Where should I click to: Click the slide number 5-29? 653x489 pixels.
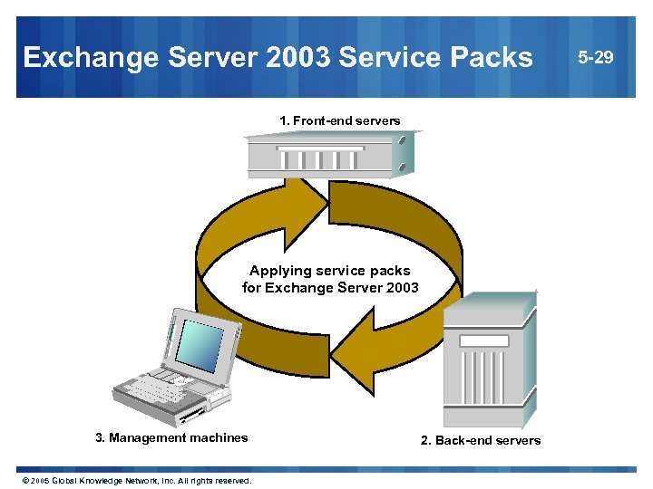(597, 58)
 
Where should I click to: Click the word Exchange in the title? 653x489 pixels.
(80, 58)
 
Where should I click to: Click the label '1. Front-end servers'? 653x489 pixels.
(340, 120)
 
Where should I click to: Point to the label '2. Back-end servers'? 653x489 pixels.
(481, 441)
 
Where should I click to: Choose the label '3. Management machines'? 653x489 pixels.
(171, 438)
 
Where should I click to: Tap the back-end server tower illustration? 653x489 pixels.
(485, 362)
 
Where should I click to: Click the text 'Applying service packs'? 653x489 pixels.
(330, 271)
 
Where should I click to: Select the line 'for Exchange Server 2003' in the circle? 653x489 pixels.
(330, 288)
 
